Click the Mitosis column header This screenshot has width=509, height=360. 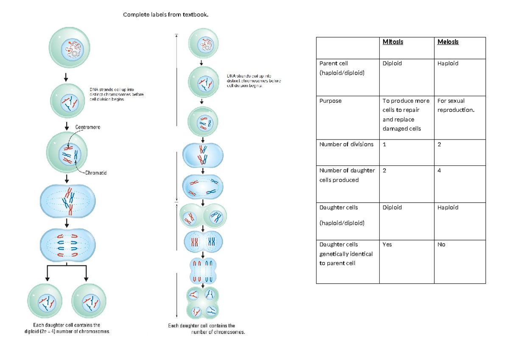tap(392, 42)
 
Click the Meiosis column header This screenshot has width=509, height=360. tap(448, 42)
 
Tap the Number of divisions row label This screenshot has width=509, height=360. tap(346, 144)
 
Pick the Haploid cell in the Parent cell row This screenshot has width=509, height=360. tap(448, 64)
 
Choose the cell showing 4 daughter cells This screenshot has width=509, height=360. tap(439, 170)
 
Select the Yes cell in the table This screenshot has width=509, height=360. tap(387, 245)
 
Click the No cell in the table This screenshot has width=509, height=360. tap(441, 245)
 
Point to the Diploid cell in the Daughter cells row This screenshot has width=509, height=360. tap(392, 207)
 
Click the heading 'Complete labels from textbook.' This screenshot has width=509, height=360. tap(166, 15)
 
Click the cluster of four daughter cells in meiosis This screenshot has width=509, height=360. tap(203, 304)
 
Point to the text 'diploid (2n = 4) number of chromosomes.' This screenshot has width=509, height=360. tap(67, 332)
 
